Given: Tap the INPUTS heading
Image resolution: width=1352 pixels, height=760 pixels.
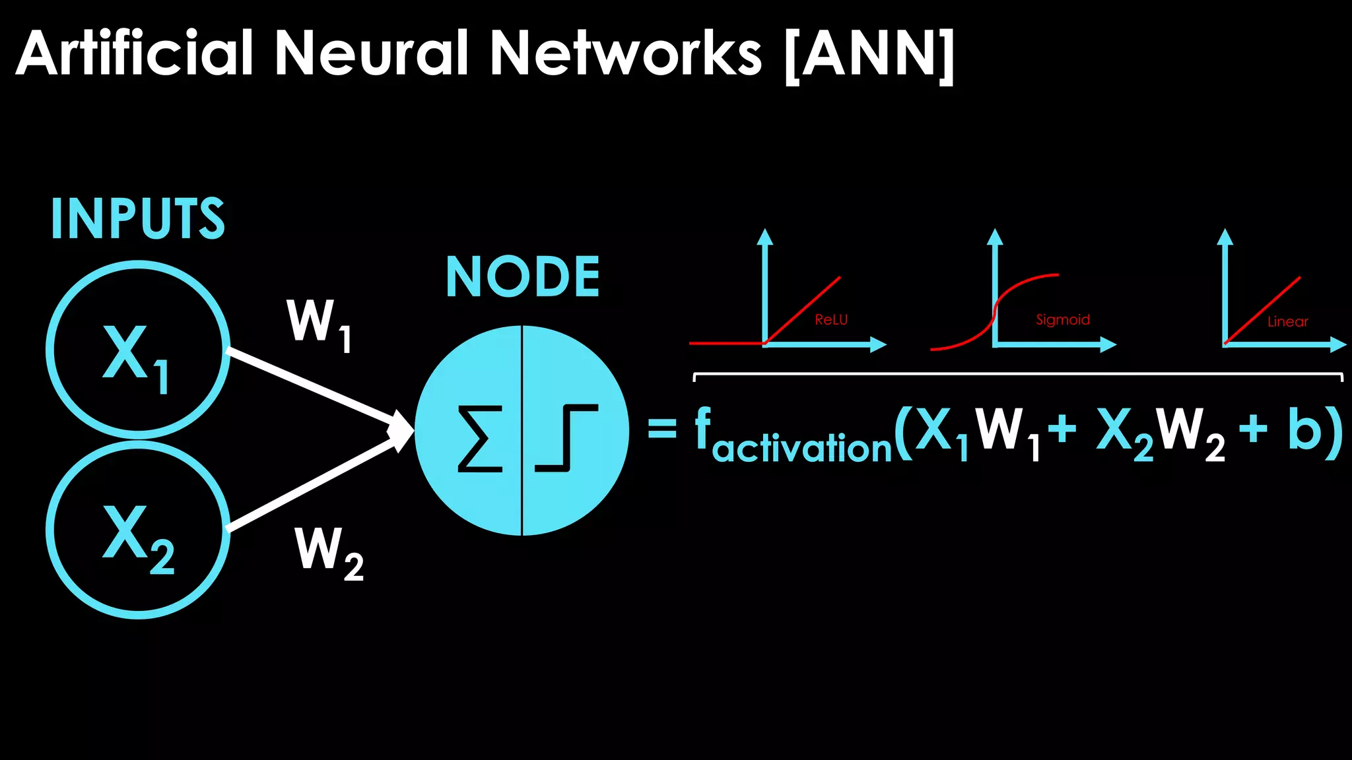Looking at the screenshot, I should pos(138,218).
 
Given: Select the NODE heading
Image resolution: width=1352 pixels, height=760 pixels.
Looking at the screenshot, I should pos(523,277).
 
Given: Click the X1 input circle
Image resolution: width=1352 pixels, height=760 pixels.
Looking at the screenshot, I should pos(138,350).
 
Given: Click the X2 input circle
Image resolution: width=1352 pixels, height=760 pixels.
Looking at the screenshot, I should pos(138,530).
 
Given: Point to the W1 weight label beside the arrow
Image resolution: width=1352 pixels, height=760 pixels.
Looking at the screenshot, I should pos(319,325).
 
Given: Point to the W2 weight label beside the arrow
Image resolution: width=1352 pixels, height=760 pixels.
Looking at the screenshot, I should pos(328,553).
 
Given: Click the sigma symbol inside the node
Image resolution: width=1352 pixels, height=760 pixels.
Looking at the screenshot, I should pos(480,439).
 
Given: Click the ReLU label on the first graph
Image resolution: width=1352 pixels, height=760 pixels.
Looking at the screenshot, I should pos(831,320).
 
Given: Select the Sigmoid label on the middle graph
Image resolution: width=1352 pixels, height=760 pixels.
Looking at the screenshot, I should pos(1062,320).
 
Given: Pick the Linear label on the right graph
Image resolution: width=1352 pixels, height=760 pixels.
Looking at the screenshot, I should pos(1287,322).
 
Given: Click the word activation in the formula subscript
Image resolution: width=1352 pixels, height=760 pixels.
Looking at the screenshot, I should pos(802,449).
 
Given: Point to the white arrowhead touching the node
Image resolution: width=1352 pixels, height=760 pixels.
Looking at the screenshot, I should pos(400,431).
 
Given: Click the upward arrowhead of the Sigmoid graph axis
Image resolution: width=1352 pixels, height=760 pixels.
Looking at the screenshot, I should pos(995,237).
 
